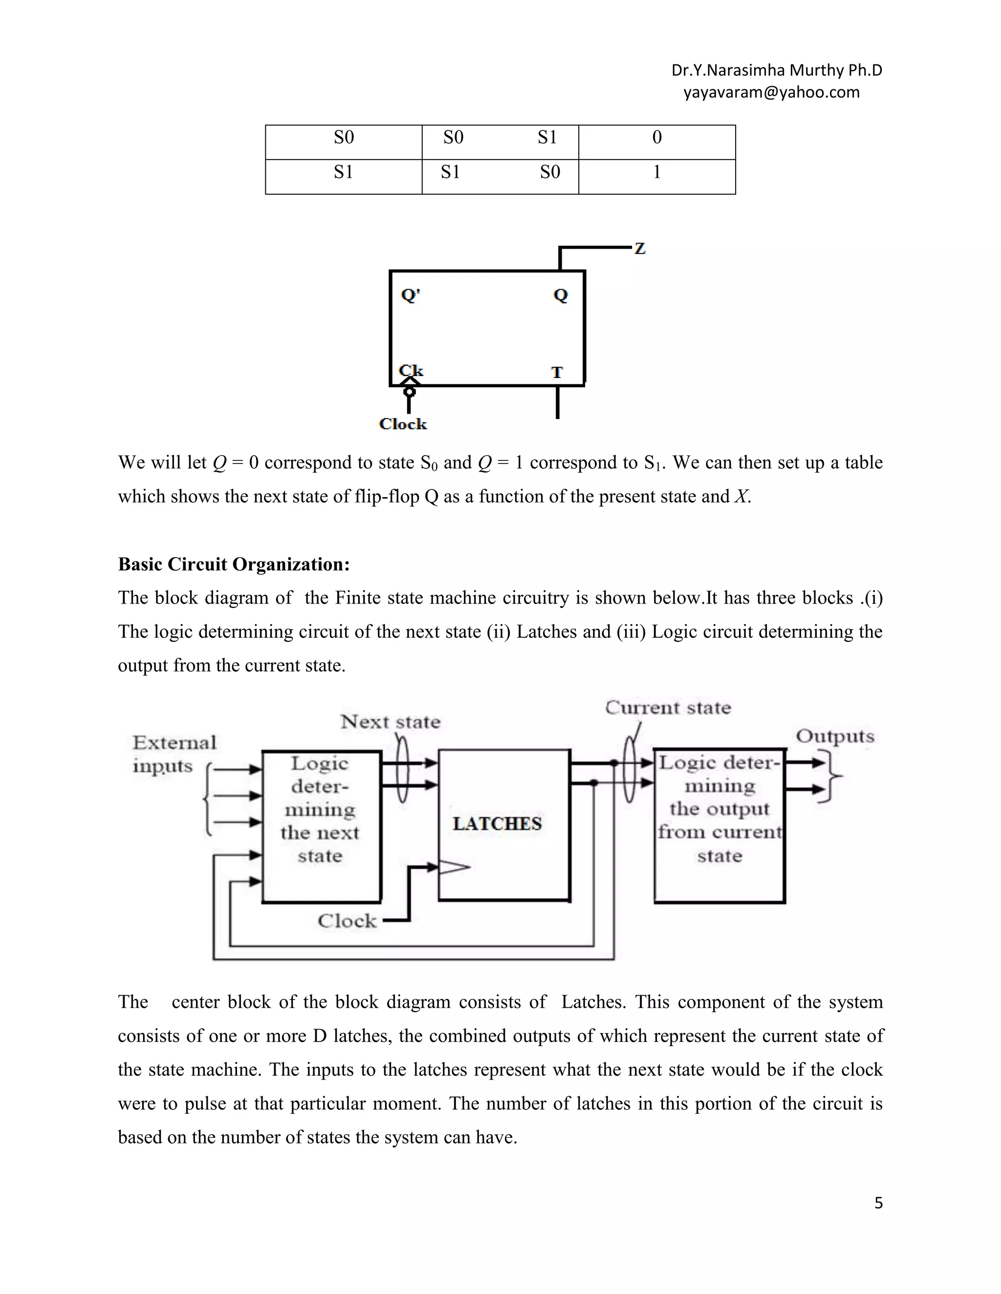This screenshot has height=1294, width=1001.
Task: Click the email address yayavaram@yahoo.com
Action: [x=771, y=92]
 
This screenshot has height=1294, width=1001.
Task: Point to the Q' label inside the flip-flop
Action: [x=411, y=294]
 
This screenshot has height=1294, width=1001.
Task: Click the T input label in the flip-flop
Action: [x=557, y=372]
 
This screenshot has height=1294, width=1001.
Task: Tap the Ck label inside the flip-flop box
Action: [x=411, y=370]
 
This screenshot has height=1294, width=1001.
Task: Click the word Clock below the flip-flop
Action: [x=403, y=424]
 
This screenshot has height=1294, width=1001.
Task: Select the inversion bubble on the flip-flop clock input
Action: [x=409, y=392]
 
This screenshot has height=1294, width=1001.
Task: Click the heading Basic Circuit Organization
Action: [x=234, y=564]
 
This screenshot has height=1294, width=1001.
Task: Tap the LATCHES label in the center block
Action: [x=497, y=824]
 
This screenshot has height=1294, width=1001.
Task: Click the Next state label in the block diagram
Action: [x=390, y=722]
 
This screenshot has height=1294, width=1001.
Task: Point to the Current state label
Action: [x=668, y=708]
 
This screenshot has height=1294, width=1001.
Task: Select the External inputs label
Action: [x=174, y=753]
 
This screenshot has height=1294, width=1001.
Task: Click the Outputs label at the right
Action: [x=834, y=736]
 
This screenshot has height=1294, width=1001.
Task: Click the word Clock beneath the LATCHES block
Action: [x=347, y=921]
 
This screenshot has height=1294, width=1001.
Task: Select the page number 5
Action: [x=878, y=1203]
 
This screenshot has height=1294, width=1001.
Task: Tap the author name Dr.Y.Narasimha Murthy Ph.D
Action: [x=776, y=70]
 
